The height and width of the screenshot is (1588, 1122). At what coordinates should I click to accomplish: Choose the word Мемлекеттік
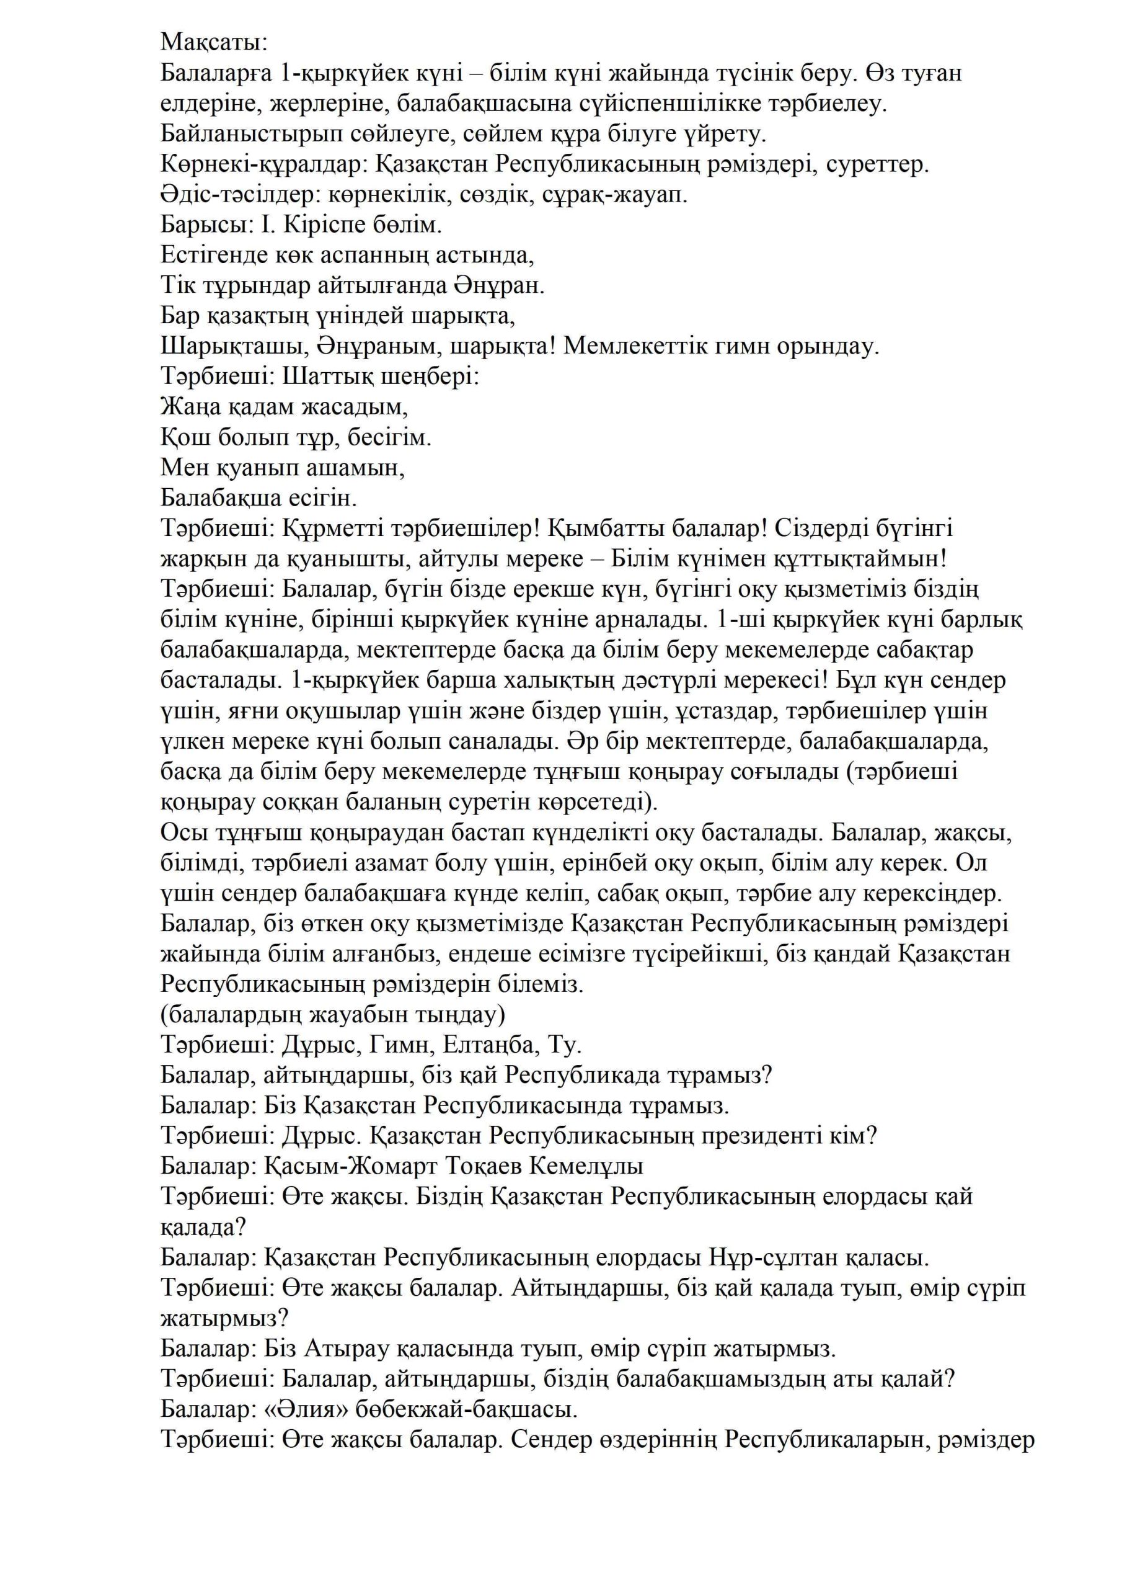coord(645,347)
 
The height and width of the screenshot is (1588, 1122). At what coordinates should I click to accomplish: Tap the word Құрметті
coord(324,529)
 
